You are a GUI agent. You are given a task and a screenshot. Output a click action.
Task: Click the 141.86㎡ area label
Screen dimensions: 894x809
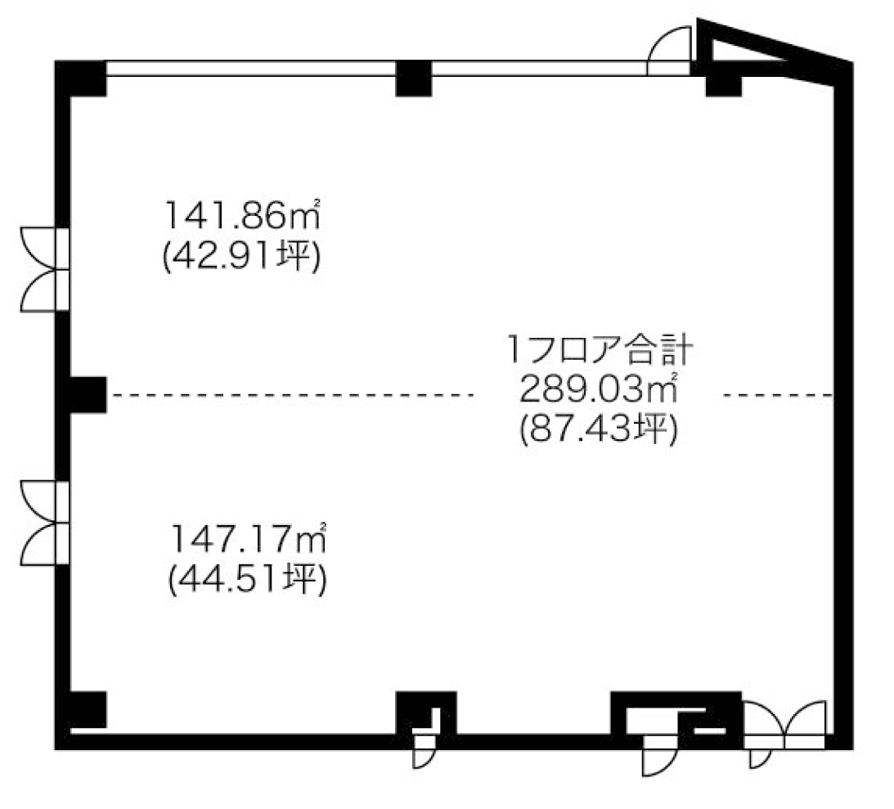click(x=242, y=215)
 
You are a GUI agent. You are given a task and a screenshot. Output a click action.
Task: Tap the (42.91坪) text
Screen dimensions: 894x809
click(x=242, y=257)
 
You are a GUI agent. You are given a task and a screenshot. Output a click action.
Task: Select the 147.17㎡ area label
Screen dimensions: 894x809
click(x=248, y=538)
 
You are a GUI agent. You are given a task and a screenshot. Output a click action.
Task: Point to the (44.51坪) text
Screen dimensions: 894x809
click(x=248, y=580)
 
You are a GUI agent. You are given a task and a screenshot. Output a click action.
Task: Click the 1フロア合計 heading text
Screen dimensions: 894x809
click(x=600, y=349)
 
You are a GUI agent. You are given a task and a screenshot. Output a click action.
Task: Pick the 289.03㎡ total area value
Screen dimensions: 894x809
click(x=599, y=389)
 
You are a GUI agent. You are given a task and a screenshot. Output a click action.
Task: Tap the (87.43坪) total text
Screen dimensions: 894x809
click(x=599, y=429)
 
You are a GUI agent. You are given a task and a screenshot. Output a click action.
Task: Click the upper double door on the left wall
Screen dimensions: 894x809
click(x=44, y=269)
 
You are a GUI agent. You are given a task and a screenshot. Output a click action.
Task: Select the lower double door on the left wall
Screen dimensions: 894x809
click(x=44, y=523)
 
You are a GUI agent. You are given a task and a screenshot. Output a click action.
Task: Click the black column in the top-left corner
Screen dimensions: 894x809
click(x=81, y=78)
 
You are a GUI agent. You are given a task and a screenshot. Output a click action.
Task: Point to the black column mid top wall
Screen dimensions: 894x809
click(x=413, y=78)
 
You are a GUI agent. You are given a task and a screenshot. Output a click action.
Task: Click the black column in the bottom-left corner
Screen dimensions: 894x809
click(x=86, y=710)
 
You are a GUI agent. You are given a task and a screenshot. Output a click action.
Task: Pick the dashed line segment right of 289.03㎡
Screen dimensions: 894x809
click(x=778, y=394)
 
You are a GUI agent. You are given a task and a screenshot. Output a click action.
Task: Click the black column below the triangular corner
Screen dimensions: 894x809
click(x=724, y=84)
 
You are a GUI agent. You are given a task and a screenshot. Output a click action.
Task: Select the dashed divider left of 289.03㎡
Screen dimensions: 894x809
click(x=293, y=394)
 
